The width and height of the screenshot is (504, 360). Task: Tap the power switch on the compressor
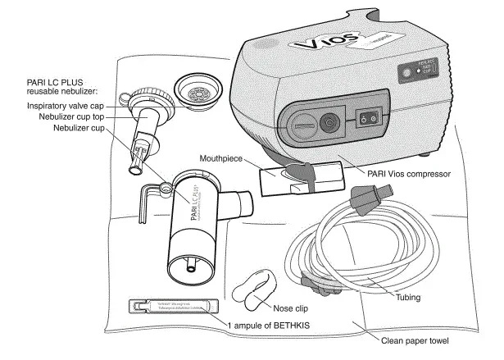point(367,120)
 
